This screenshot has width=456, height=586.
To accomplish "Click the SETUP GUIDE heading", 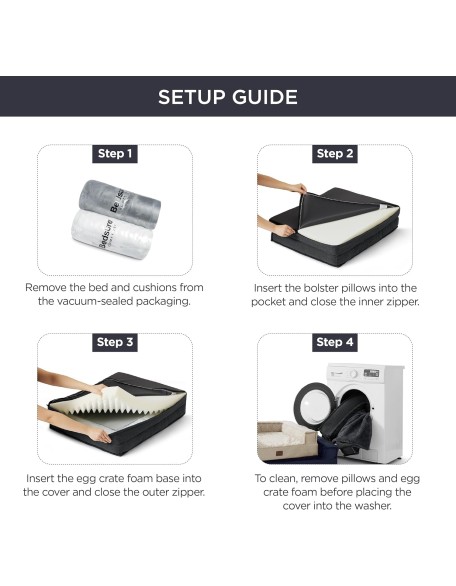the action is coord(228,97).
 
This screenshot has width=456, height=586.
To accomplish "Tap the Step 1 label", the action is coord(115,154).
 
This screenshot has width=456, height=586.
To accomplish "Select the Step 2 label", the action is coord(335,154).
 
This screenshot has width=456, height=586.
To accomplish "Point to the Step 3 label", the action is coord(115,342).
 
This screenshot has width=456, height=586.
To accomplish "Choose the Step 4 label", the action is coord(335,342).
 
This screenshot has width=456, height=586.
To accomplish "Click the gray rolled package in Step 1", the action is coord(120,203).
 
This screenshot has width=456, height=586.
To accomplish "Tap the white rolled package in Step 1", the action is coord(112,234).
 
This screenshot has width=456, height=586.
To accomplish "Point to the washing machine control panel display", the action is coord(371,373).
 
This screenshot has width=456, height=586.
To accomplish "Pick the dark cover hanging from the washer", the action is coord(346,424).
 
